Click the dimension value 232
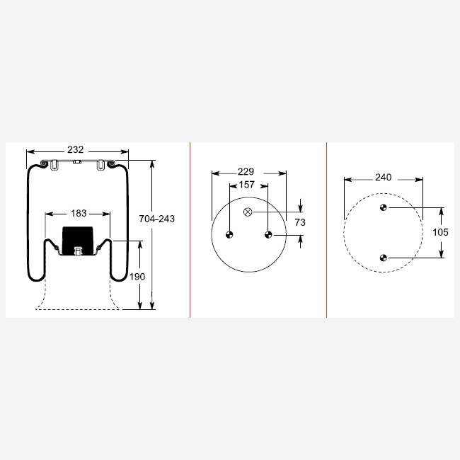pos(76,149)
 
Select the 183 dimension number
pos(79,213)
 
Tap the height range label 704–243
pos(156,219)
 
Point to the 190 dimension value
pos(137,277)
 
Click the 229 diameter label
pos(246,172)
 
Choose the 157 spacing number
pos(247,185)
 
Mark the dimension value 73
pos(300,222)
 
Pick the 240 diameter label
pos(383,178)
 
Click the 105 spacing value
pos(440,232)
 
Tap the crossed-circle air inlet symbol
pos(248,212)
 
